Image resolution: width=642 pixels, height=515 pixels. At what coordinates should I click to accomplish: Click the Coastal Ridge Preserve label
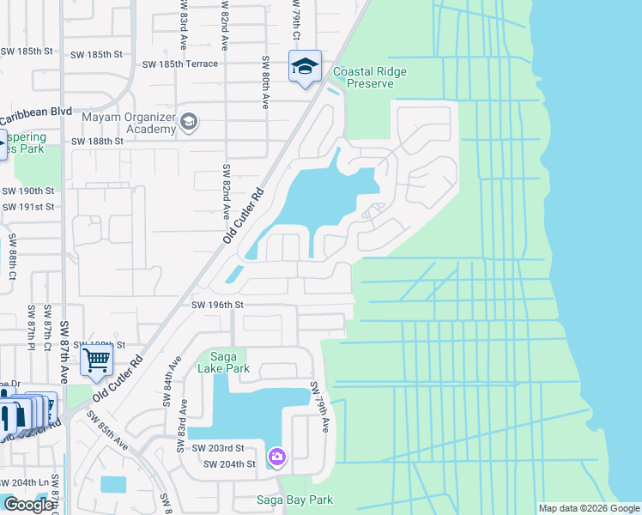(369, 78)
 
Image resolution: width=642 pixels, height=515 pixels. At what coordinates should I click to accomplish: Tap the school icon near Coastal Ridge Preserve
(304, 66)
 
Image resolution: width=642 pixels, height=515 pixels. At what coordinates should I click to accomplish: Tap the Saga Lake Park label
(225, 362)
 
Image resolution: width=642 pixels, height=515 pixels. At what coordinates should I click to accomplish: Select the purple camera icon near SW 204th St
(277, 457)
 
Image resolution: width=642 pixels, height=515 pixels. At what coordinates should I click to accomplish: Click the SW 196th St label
(218, 305)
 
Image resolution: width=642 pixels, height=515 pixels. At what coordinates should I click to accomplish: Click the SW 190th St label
(28, 191)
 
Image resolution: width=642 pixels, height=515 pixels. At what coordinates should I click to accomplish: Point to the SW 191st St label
(28, 207)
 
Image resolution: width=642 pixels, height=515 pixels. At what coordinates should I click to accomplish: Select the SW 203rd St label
(218, 448)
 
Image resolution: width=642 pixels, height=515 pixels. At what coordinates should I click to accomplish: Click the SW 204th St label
(229, 464)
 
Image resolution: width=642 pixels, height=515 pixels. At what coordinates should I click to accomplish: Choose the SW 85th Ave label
(106, 433)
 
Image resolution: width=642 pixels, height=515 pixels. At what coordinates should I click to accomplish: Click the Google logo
(28, 505)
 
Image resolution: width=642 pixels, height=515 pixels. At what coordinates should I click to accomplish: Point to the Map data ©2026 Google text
(589, 508)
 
